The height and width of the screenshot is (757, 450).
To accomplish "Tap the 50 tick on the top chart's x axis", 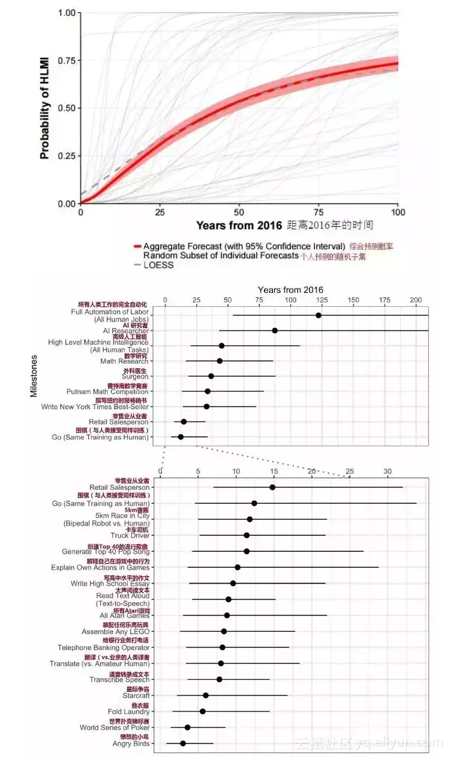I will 239,212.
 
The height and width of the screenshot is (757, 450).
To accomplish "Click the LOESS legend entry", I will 158,265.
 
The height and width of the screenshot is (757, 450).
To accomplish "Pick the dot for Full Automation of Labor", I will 318,315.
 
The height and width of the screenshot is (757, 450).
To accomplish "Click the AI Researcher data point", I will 275,331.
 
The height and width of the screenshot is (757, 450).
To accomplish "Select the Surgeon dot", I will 211,376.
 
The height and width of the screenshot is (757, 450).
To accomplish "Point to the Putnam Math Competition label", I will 107,391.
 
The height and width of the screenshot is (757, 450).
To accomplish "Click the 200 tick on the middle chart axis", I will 416,299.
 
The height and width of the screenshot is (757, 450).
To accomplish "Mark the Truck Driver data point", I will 247,535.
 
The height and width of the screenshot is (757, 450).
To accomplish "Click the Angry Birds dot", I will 183,744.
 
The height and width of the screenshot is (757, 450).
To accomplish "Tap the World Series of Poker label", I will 114,728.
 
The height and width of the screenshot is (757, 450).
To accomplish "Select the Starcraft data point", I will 206,695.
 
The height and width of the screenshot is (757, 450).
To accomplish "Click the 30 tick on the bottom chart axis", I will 387,471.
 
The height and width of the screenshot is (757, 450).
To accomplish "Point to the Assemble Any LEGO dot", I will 224,631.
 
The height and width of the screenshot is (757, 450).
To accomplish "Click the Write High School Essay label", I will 110,583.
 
